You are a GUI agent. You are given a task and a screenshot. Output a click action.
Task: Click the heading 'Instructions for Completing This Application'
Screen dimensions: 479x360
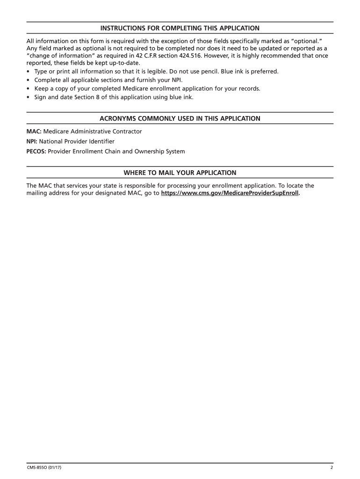point(180,28)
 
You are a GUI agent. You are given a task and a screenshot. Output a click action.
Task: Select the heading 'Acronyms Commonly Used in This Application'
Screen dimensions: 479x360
point(180,118)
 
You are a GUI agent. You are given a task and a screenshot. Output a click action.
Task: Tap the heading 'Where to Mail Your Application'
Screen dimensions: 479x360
point(180,173)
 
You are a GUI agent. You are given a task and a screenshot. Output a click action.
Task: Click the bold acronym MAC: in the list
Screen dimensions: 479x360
point(34,131)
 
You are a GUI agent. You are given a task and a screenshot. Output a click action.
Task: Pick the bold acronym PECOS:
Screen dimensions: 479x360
point(36,152)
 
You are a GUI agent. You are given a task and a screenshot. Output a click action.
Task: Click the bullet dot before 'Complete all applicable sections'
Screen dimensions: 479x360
point(29,80)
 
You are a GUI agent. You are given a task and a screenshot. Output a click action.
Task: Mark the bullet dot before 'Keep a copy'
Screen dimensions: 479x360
point(29,88)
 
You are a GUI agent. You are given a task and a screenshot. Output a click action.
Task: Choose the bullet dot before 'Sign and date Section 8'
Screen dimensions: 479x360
point(29,97)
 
